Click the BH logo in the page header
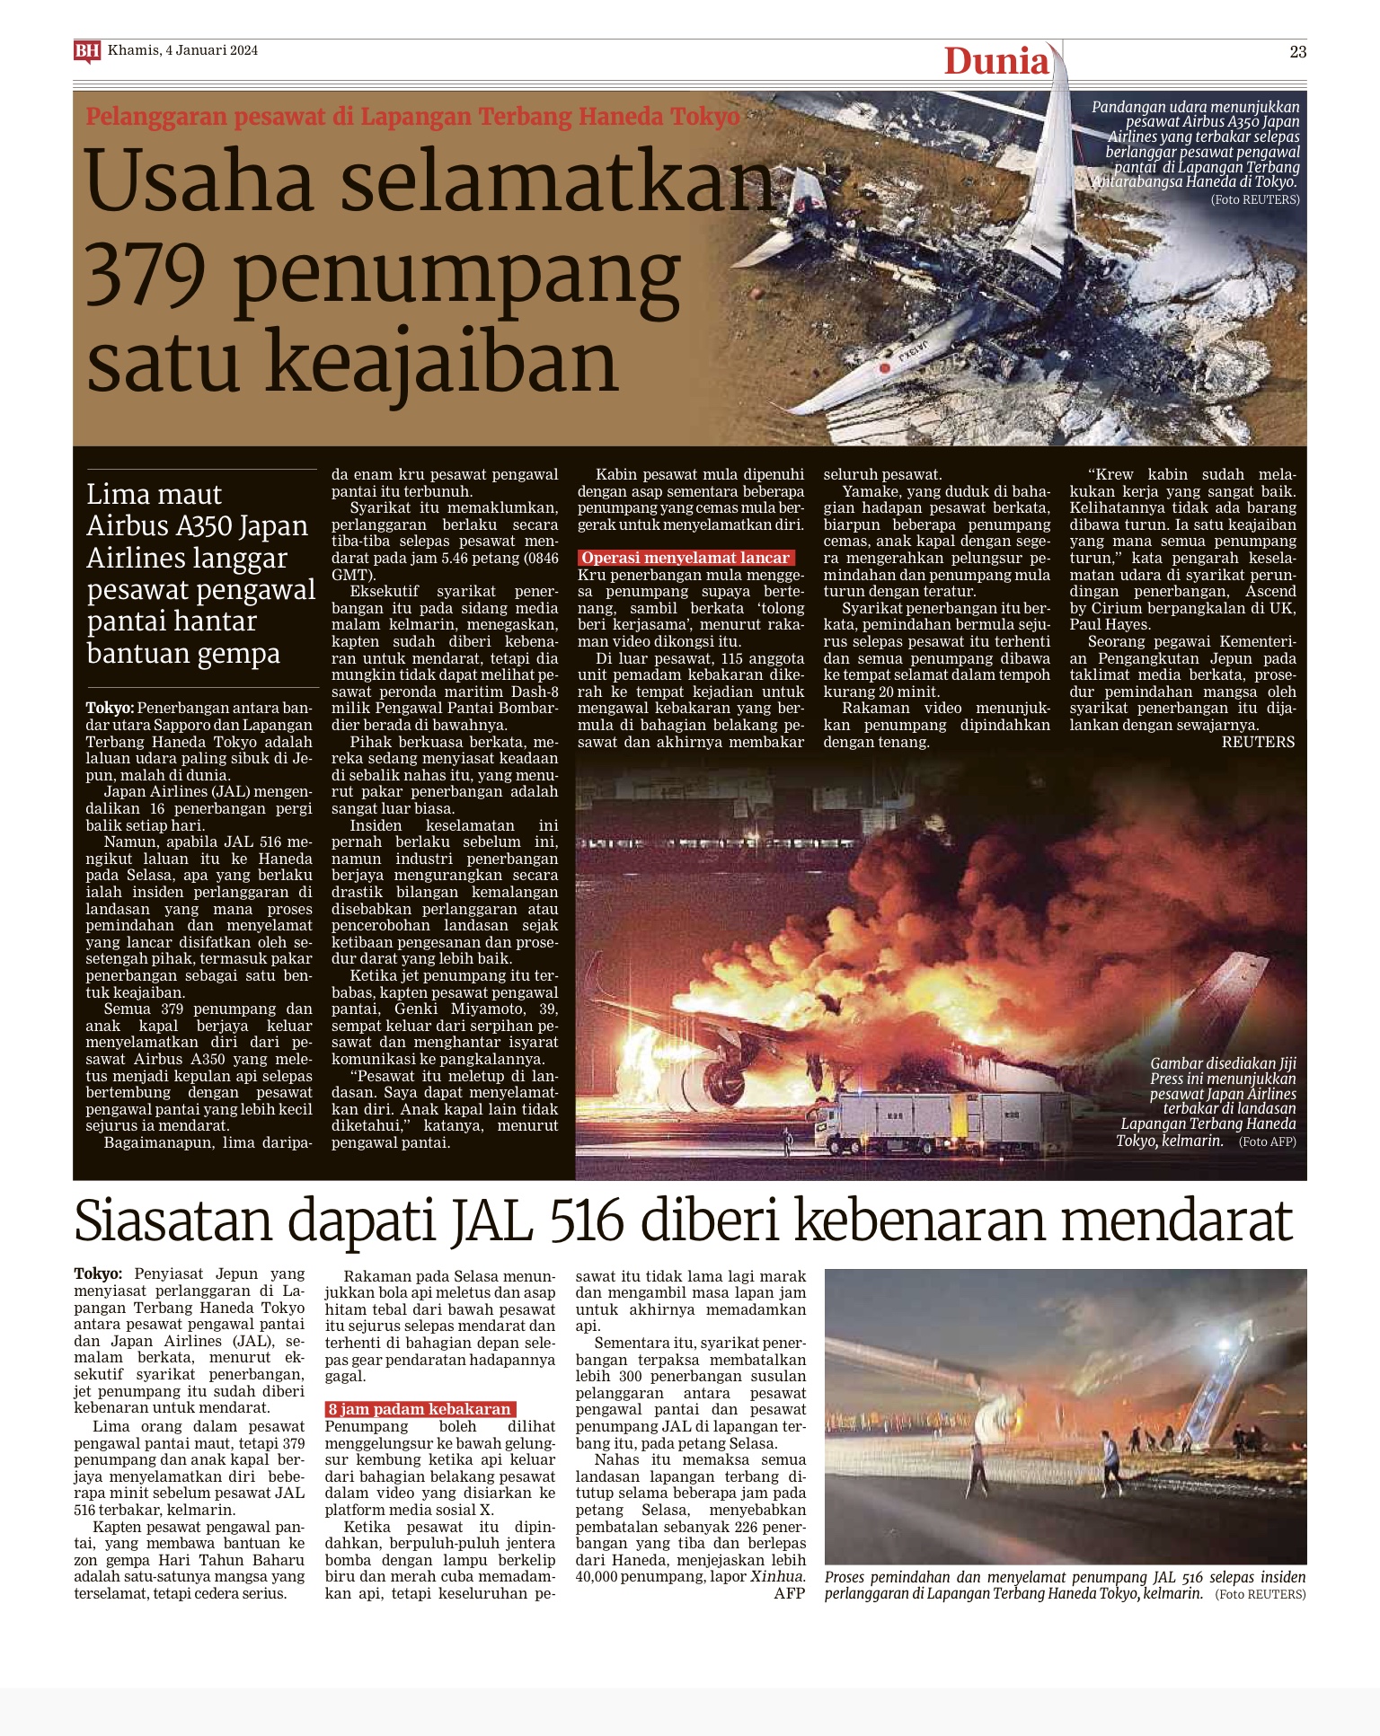(86, 51)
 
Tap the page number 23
(1297, 52)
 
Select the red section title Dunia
(995, 61)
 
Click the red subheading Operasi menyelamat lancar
(685, 558)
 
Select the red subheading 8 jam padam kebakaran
(420, 1409)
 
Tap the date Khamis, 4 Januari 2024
(182, 50)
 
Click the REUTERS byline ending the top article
(1258, 742)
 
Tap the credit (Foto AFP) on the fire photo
(1267, 1141)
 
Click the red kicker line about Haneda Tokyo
(412, 117)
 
